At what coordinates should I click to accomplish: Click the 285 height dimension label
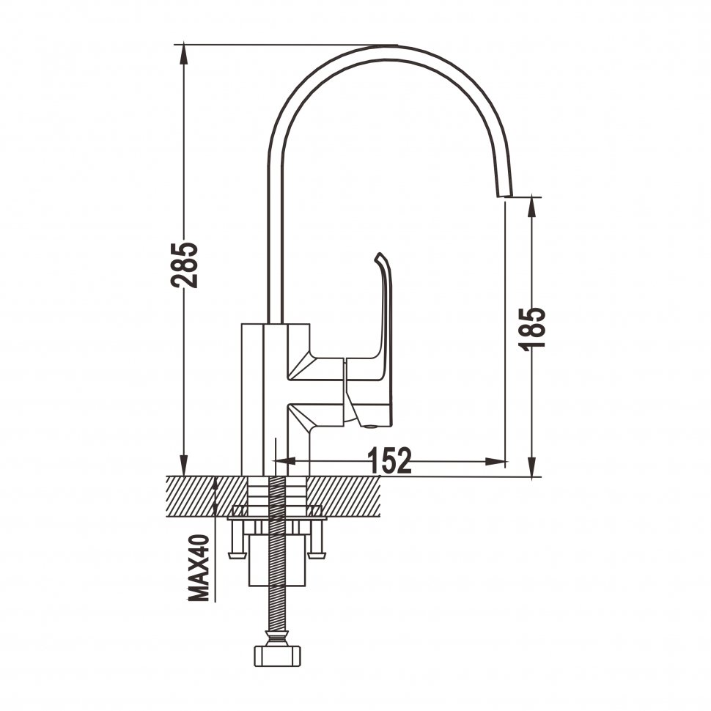point(184,265)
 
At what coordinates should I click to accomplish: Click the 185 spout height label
point(532,329)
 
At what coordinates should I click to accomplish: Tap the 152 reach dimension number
point(389,460)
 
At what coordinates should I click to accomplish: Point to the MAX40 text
point(199,568)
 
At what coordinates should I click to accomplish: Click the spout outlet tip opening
point(506,196)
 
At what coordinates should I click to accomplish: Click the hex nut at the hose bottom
point(277,656)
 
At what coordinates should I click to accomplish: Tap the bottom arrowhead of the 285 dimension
point(184,466)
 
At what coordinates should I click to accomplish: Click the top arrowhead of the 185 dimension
point(533,207)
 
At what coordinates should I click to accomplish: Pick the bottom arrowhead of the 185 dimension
point(533,467)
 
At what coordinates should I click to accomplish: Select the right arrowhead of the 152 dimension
point(496,462)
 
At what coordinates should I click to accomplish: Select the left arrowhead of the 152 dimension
point(286,461)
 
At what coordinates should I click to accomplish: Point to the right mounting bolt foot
point(317,555)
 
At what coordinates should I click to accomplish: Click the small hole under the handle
point(372,427)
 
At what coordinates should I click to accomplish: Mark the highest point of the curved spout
point(389,45)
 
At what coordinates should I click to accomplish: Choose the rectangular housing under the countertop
point(277,560)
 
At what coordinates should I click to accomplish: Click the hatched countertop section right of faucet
point(345,496)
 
